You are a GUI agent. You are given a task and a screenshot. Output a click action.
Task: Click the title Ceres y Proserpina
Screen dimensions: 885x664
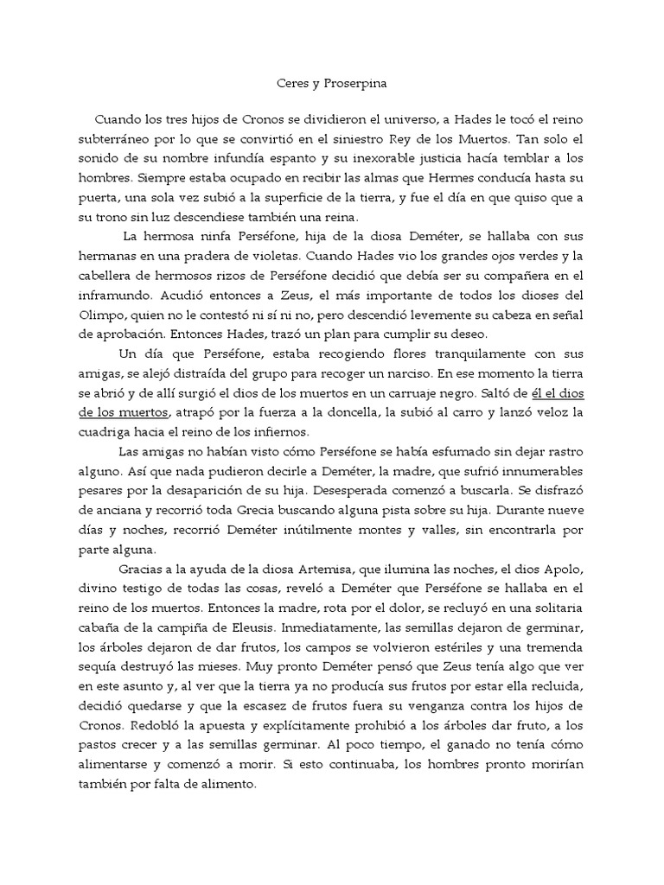pos(331,85)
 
